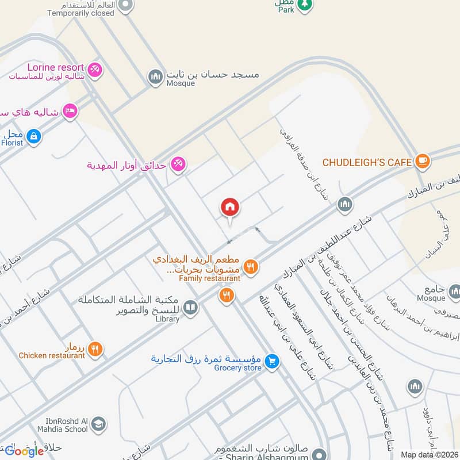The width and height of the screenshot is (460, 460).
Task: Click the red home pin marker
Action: [x=230, y=208]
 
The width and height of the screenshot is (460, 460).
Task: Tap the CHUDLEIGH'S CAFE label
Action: [x=367, y=163]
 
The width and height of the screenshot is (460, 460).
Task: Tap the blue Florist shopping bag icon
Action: [x=34, y=137]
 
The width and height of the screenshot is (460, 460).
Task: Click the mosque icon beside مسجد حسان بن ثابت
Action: [x=155, y=76]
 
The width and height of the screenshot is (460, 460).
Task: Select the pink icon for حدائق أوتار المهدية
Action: [x=178, y=165]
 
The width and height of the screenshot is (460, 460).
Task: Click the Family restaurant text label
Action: [x=209, y=278]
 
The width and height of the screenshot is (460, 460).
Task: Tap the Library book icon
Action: [x=191, y=308]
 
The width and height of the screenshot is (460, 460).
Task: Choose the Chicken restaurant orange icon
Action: [x=96, y=349]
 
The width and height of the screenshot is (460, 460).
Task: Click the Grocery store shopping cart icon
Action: [x=273, y=361]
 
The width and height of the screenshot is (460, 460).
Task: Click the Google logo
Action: [x=24, y=451]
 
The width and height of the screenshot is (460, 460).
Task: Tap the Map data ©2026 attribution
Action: [x=428, y=454]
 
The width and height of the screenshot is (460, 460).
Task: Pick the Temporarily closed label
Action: [x=80, y=13]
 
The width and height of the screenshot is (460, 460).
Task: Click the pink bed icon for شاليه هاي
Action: [x=70, y=112]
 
